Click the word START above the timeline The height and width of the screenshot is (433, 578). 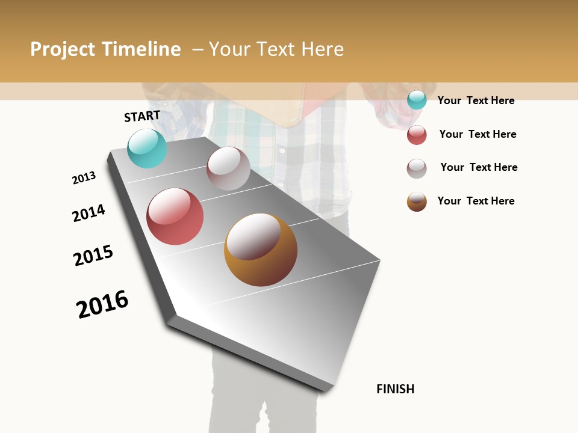(x=142, y=116)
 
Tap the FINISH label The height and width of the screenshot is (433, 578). (x=395, y=389)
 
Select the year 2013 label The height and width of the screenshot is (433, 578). (x=84, y=178)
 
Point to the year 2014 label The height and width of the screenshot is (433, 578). (x=89, y=213)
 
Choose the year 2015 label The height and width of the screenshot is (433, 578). (x=93, y=256)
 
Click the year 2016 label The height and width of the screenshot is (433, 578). (x=102, y=304)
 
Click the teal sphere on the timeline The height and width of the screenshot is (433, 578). (x=148, y=149)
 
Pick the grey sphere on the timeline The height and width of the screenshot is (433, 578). (x=228, y=168)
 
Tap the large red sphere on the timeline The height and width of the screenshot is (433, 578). (x=175, y=216)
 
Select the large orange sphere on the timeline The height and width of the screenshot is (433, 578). (x=260, y=250)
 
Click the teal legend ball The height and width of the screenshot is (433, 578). (x=417, y=100)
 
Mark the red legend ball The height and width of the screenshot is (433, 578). (x=417, y=135)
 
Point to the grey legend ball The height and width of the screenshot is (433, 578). (x=417, y=168)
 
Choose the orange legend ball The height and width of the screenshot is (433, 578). (x=417, y=201)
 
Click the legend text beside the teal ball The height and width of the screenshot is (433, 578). (x=476, y=100)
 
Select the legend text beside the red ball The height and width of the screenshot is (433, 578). (x=477, y=134)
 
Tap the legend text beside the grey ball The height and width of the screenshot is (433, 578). (x=479, y=167)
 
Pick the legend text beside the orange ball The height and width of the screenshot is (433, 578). (x=476, y=201)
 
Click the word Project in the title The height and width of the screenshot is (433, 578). (x=63, y=49)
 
